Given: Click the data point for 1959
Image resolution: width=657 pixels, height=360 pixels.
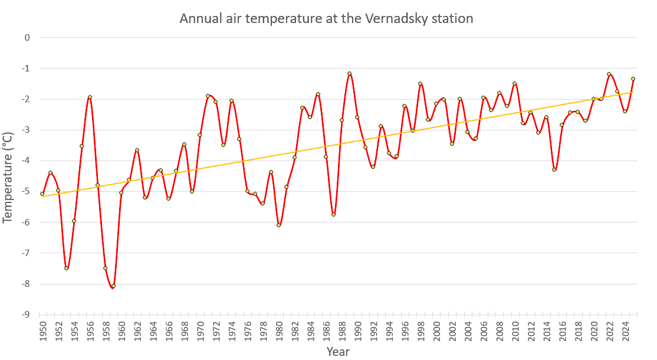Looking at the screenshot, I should click(113, 286).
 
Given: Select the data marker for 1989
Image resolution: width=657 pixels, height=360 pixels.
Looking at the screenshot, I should click(350, 74).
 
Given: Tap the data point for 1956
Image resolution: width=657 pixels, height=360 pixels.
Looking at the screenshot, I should click(90, 97).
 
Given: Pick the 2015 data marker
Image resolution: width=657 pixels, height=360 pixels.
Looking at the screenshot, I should click(554, 169).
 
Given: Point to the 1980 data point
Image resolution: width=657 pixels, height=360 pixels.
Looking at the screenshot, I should click(279, 225).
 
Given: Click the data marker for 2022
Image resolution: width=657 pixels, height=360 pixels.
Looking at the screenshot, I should click(609, 74).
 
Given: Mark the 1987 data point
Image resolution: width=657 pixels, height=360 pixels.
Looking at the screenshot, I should click(334, 214).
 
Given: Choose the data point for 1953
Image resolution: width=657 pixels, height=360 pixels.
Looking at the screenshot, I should click(66, 268).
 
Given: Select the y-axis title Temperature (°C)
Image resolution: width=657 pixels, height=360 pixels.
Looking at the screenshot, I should click(8, 177).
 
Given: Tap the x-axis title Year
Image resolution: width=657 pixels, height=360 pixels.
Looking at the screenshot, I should click(338, 352).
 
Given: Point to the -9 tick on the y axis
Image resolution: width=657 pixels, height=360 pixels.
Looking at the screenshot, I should click(25, 315).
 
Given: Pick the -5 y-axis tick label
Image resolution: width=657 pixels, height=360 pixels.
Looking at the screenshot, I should click(25, 191).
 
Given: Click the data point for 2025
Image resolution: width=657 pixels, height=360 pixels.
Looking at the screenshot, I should click(633, 78).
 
